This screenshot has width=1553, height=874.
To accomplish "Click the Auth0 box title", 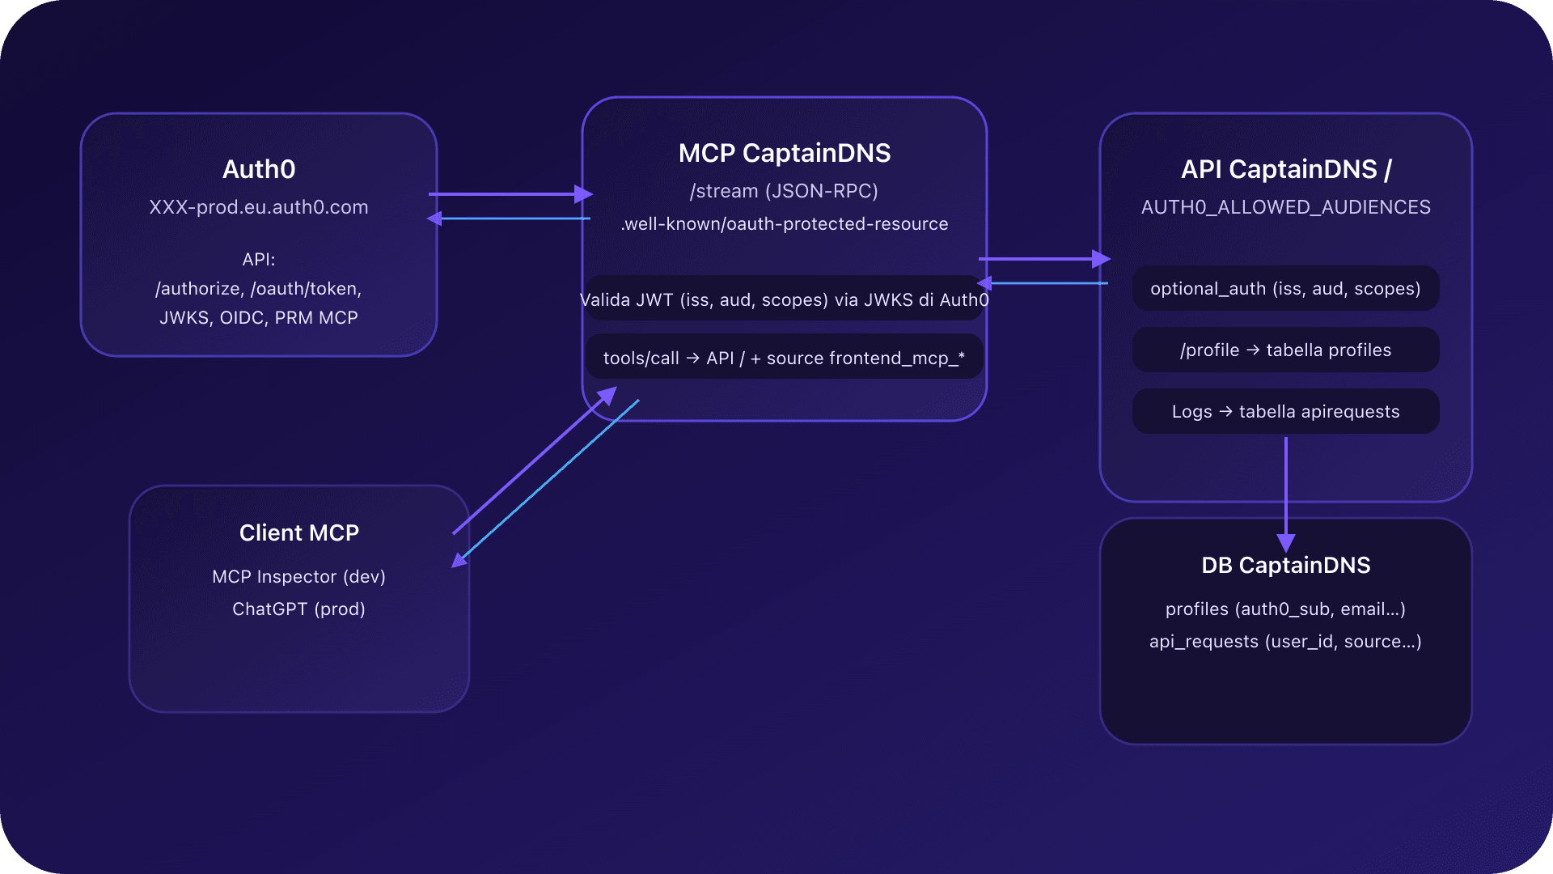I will [259, 169].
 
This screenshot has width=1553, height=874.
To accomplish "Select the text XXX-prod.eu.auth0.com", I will [259, 207].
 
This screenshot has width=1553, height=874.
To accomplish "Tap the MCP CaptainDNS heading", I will [784, 153].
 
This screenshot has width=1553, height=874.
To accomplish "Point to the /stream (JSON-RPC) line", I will [784, 191].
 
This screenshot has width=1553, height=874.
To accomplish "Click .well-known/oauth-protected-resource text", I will [784, 224].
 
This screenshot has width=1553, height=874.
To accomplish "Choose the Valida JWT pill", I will [784, 299].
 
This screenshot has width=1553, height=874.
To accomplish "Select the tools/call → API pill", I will [784, 358].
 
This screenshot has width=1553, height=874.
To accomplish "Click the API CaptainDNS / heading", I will [1285, 169].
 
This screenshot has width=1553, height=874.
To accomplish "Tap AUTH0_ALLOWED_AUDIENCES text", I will [1285, 207].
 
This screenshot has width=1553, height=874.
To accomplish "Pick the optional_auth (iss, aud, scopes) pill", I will [1285, 289].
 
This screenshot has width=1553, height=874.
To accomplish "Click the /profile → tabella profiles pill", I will [1285, 350].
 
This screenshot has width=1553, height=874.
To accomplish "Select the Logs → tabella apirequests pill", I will [1285, 411].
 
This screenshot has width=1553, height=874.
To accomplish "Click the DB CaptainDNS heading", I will [1285, 565].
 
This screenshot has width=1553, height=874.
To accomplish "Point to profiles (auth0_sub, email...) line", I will [1285, 609].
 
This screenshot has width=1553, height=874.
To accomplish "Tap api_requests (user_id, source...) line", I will [1285, 642].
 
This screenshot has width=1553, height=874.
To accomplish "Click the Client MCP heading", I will [299, 532].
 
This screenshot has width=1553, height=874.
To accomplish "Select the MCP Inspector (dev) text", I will [299, 576].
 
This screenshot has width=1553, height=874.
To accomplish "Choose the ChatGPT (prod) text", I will [299, 609].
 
